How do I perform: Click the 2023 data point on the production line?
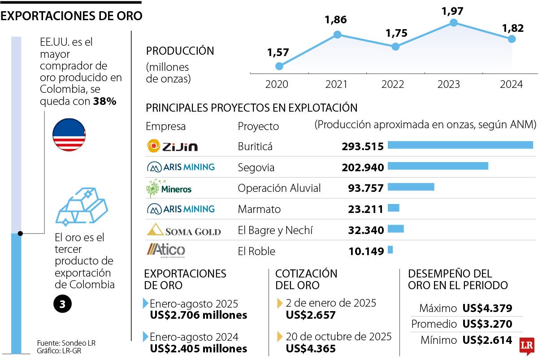click(x=453, y=22)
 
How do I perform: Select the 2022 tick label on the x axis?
click(x=393, y=84)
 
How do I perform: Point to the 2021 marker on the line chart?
click(x=337, y=35)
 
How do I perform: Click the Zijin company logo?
click(x=172, y=146)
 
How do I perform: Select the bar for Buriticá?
click(x=460, y=145)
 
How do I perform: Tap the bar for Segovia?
click(x=438, y=166)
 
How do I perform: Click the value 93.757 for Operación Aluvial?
click(x=365, y=188)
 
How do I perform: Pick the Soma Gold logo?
click(x=184, y=230)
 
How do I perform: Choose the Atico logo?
click(x=165, y=251)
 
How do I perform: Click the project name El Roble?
click(x=256, y=251)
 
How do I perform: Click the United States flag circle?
click(x=69, y=135)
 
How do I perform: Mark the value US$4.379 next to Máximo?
click(x=487, y=308)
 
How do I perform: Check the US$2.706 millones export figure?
click(x=199, y=315)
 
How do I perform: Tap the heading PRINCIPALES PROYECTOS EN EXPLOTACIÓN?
click(x=252, y=108)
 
